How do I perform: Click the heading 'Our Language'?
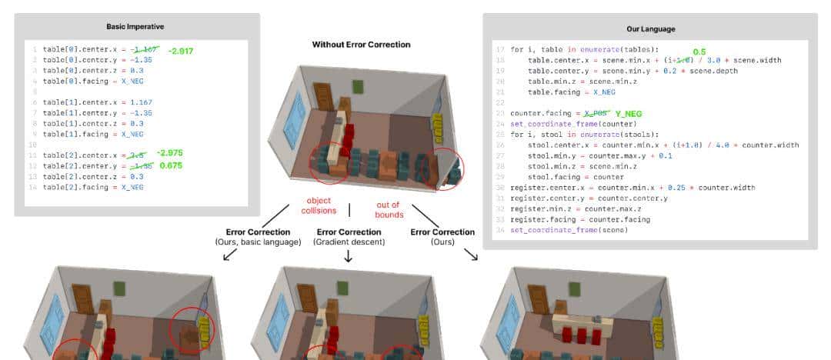pyautogui.click(x=649, y=29)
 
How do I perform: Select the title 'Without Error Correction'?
pyautogui.click(x=361, y=45)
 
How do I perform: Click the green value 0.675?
pyautogui.click(x=170, y=165)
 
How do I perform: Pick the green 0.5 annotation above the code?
pyautogui.click(x=699, y=52)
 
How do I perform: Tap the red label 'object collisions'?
pyautogui.click(x=318, y=205)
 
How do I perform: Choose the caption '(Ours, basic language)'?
pyautogui.click(x=257, y=242)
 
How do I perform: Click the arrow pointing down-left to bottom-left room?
pyautogui.click(x=229, y=255)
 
